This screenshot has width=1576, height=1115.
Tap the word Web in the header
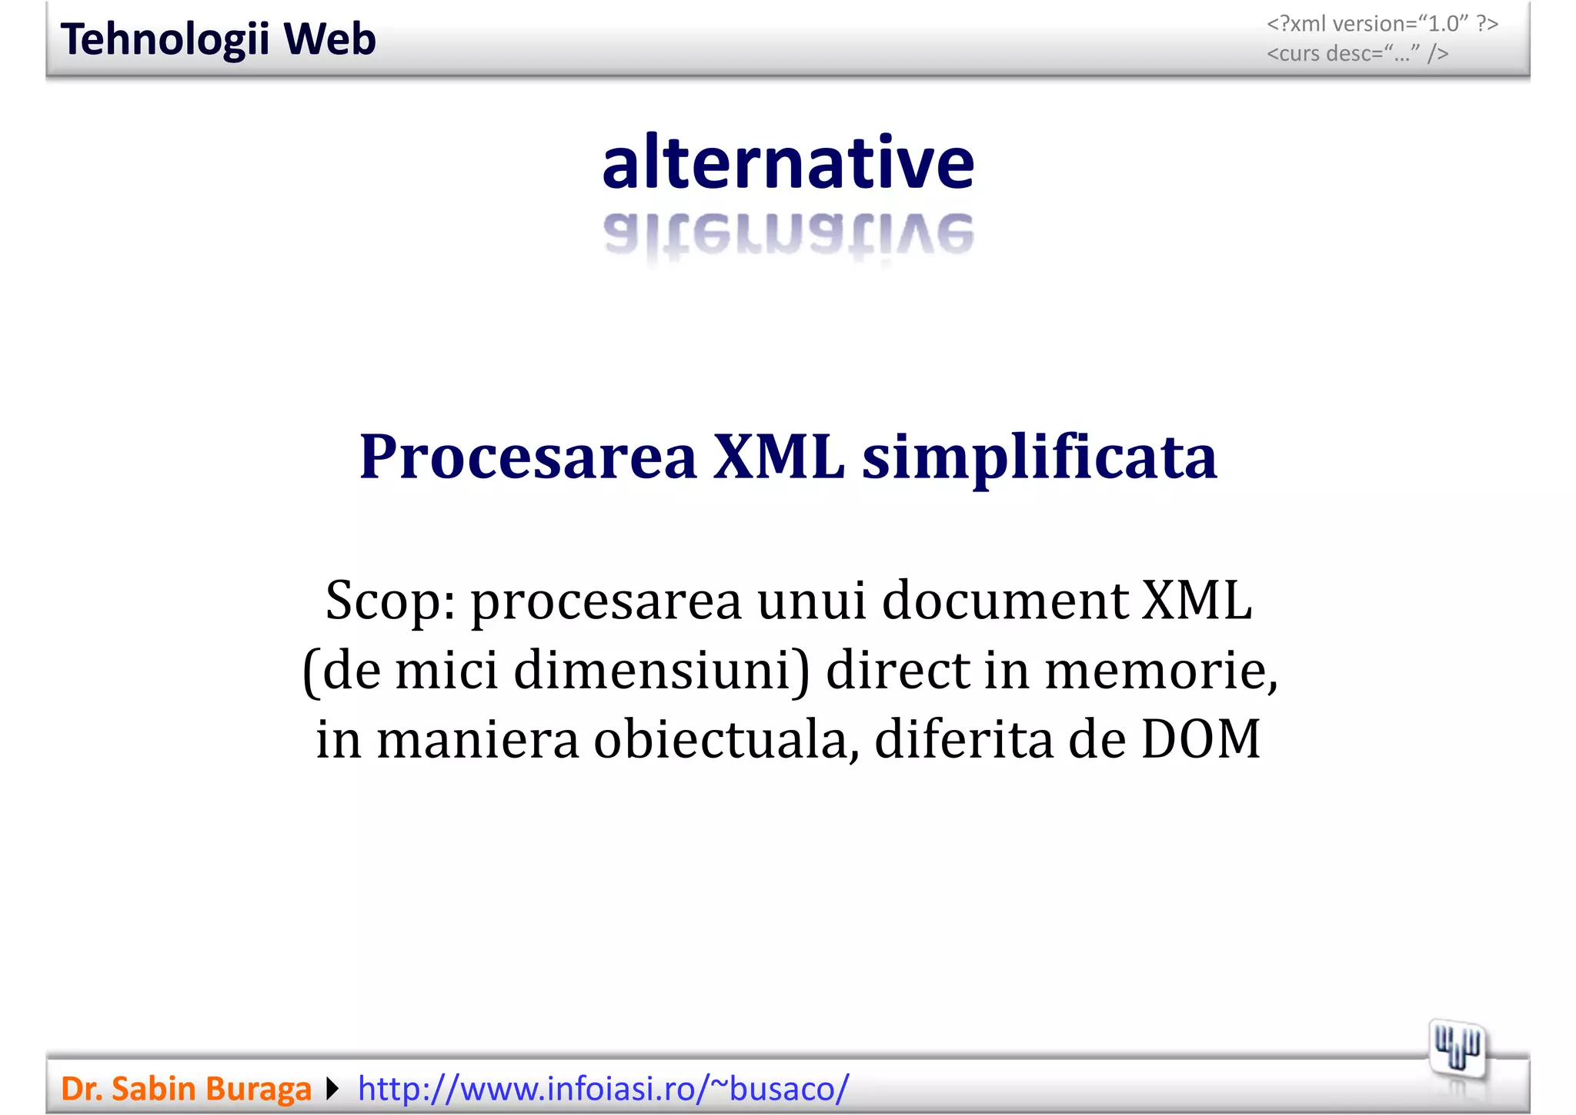(330, 39)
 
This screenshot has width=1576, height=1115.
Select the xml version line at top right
(1382, 24)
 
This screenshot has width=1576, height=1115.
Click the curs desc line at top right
(1357, 53)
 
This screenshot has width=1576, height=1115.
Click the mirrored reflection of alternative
(788, 234)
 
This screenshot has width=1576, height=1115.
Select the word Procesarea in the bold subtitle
(528, 457)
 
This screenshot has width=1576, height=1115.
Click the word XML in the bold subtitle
(779, 457)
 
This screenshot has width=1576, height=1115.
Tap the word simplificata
(1040, 457)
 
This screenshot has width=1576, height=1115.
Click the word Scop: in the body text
(390, 601)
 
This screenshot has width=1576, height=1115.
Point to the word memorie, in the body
(1160, 670)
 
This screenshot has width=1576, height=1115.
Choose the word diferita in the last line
(963, 739)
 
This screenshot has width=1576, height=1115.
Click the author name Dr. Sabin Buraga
(186, 1089)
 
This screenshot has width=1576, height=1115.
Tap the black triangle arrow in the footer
(332, 1089)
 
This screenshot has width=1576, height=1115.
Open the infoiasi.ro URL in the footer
(603, 1089)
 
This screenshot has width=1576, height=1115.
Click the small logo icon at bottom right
(1457, 1050)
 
